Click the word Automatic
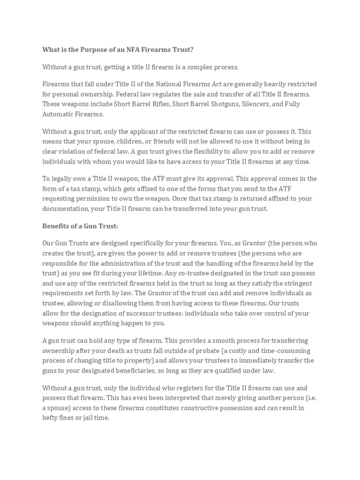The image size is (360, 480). click(58, 114)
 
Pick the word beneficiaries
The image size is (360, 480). click(145, 370)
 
